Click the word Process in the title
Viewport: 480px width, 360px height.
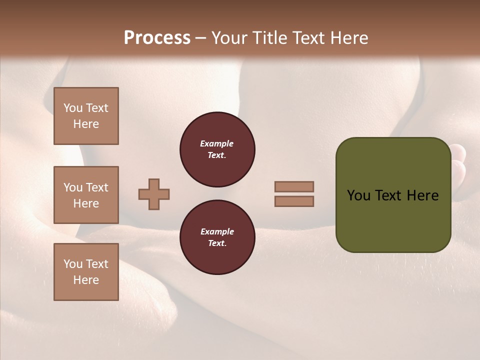(x=157, y=38)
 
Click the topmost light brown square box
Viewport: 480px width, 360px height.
(x=86, y=116)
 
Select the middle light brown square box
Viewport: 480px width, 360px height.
(x=86, y=195)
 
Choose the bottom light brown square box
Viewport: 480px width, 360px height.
(x=86, y=272)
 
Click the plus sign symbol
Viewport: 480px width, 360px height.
(x=154, y=194)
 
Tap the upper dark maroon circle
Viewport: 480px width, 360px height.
(x=217, y=149)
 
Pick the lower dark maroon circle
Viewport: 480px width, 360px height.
(x=217, y=237)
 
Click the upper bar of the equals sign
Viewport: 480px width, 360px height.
(x=294, y=186)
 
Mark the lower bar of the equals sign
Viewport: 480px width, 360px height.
(x=294, y=201)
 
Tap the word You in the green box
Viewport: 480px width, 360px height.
(x=358, y=195)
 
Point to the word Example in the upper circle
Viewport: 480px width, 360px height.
(x=217, y=143)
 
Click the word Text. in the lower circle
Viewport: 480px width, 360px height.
(x=217, y=243)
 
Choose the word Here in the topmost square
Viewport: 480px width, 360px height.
(x=86, y=124)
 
